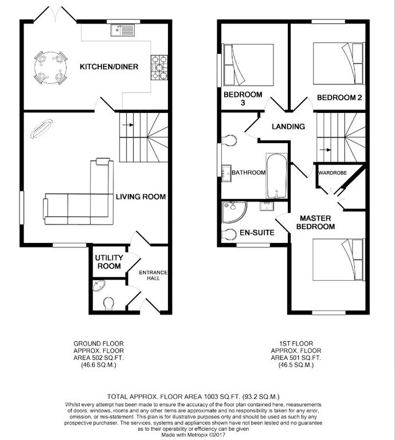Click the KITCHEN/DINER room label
[108, 67]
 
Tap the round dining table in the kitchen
[49, 68]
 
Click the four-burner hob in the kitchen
[159, 67]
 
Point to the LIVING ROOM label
[140, 197]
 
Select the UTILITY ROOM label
[108, 262]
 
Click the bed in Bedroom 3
[248, 64]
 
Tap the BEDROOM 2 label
[339, 97]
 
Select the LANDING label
[288, 127]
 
